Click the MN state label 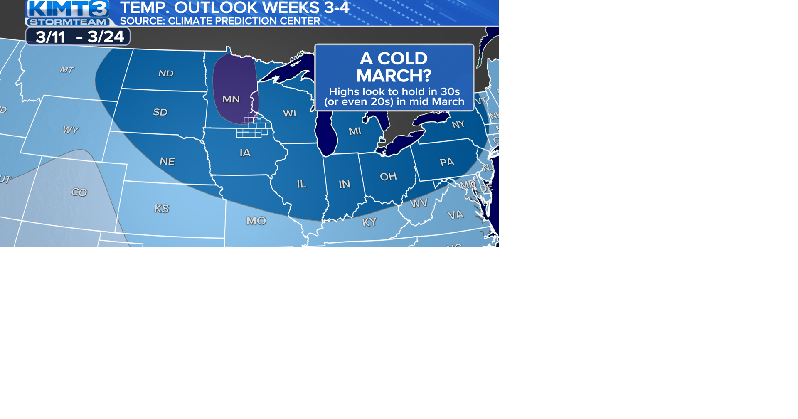231,99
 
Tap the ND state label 166,74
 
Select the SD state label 160,112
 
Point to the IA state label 245,153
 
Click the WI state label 289,113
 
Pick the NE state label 167,161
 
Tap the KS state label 162,209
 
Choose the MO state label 256,221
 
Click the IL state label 302,184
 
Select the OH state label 388,177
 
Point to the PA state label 447,162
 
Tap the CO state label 79,192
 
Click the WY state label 70,130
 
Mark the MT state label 66,70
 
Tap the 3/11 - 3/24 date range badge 78,37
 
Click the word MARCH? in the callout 394,76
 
